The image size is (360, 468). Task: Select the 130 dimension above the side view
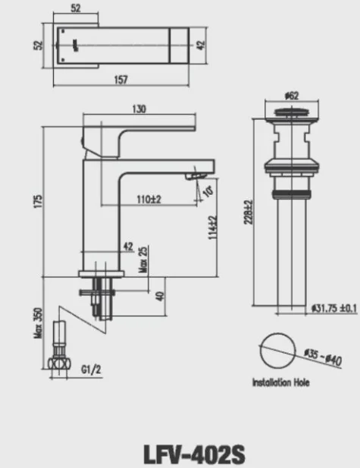[x=139, y=109]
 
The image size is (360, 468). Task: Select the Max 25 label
[x=143, y=260]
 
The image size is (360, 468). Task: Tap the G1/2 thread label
[x=90, y=370]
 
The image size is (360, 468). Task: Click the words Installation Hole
[x=280, y=384]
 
